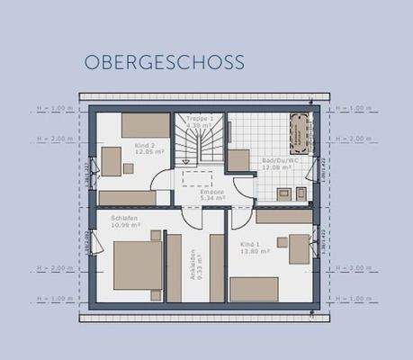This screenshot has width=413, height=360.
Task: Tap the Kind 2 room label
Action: (x=144, y=145)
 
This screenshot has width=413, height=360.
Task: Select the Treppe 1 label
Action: (x=199, y=119)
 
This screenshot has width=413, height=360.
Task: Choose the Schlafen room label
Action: (x=123, y=217)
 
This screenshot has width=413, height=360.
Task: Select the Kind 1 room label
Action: (x=251, y=243)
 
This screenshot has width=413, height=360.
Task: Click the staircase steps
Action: (x=198, y=144)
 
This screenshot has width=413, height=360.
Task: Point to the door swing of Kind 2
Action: (x=160, y=181)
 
